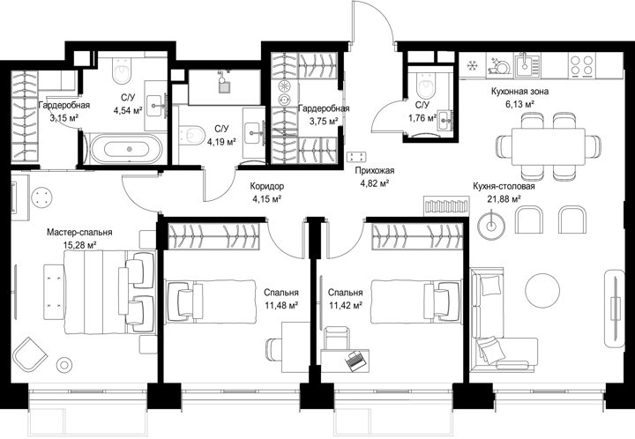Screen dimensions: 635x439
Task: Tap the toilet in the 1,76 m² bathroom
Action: [426, 86]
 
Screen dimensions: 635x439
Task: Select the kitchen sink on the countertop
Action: [527, 64]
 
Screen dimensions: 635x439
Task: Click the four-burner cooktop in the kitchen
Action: [582, 65]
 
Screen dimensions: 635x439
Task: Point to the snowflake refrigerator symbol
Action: [472, 65]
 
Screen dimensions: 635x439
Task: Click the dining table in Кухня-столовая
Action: [549, 146]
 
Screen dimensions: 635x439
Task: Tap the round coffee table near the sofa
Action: [542, 290]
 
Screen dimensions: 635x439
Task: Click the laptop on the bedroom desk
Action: [355, 360]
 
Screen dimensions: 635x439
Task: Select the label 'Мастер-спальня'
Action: [79, 233]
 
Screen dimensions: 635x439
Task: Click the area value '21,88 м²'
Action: [504, 199]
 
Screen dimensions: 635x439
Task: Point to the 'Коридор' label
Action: [267, 187]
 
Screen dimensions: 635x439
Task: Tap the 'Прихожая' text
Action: [375, 171]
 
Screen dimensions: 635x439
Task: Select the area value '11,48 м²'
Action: [281, 305]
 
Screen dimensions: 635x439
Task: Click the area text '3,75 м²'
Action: [324, 121]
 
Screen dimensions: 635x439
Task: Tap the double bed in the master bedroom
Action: [109, 292]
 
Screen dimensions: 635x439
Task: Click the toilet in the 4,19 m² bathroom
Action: [192, 134]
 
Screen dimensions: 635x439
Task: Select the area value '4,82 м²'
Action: [375, 183]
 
